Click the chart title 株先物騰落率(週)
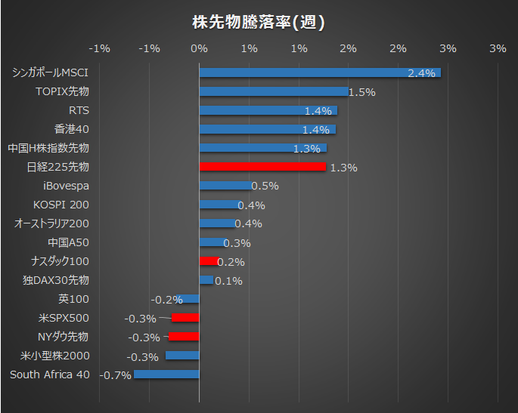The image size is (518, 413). click(x=259, y=22)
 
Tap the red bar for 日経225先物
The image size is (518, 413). click(x=262, y=167)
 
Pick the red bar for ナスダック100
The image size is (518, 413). click(x=208, y=261)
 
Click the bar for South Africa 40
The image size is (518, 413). click(x=166, y=374)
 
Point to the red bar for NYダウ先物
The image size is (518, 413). click(x=184, y=337)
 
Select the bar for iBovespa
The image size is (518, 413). click(x=225, y=186)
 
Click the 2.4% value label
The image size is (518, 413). click(x=421, y=73)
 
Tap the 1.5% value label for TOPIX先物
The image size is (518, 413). click(x=361, y=92)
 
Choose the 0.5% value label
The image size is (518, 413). click(x=265, y=186)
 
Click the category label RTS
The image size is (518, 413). click(x=79, y=110)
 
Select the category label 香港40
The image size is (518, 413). click(x=72, y=129)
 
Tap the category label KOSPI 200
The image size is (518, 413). click(x=61, y=205)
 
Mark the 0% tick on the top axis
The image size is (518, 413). click(x=199, y=49)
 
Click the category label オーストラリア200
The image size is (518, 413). click(x=51, y=223)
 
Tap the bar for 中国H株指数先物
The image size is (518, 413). click(x=262, y=148)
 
